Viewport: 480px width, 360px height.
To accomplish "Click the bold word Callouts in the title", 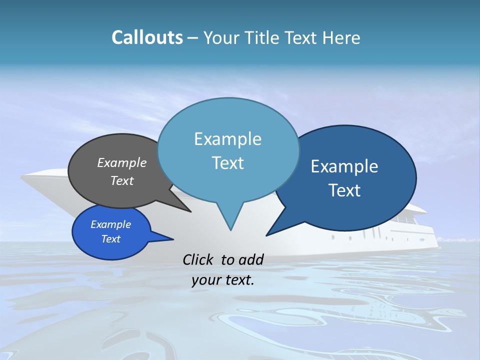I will pyautogui.click(x=147, y=37).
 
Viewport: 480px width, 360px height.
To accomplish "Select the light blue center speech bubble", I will pyautogui.click(x=228, y=150).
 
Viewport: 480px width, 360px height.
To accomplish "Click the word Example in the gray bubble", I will pyautogui.click(x=121, y=162).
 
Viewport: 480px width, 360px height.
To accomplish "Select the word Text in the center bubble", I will pyautogui.click(x=228, y=163).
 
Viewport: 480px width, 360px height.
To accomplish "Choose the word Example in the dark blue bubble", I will pyautogui.click(x=344, y=166).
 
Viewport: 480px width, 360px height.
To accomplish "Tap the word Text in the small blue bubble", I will pyautogui.click(x=111, y=239).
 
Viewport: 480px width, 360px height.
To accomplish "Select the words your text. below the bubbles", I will pyautogui.click(x=223, y=280).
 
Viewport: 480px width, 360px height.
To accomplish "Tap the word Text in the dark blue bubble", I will pyautogui.click(x=344, y=190).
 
